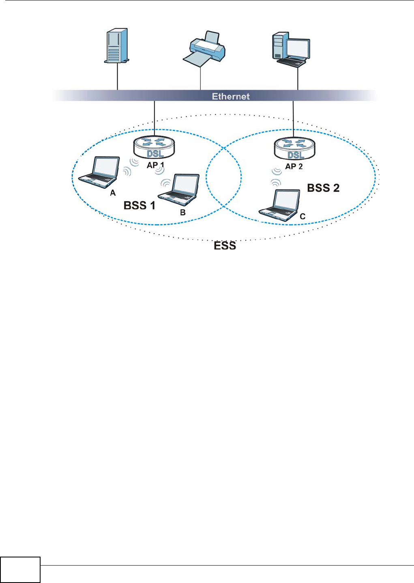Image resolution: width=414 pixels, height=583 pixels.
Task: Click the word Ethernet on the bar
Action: [231, 97]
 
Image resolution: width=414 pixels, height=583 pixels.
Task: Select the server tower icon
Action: [116, 45]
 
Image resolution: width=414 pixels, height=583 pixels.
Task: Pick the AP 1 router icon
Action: [154, 147]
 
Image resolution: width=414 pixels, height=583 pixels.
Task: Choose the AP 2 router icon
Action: [295, 148]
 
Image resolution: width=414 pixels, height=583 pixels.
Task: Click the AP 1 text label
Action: [156, 165]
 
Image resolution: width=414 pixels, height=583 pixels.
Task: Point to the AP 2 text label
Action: [294, 166]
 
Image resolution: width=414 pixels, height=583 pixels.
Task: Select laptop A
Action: [100, 172]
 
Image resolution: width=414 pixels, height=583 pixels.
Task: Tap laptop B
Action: [180, 190]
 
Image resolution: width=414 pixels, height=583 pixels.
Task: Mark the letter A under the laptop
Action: [113, 193]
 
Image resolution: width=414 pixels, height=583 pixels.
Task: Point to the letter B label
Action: [183, 212]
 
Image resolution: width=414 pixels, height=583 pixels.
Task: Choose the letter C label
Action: [302, 217]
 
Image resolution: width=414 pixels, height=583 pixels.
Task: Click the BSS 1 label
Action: [139, 206]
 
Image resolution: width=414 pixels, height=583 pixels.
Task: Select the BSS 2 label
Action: [323, 188]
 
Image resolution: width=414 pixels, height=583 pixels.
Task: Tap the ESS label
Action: [225, 246]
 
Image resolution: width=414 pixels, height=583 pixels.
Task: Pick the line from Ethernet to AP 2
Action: [293, 116]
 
